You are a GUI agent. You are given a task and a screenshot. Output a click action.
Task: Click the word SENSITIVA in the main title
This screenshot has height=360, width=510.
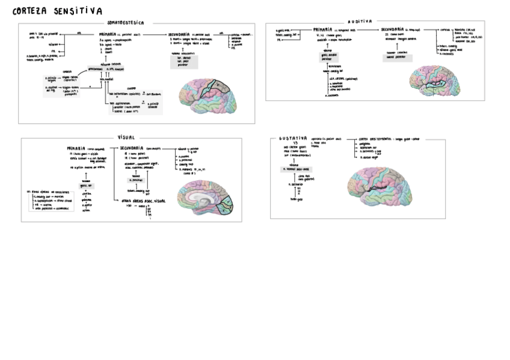tap(79, 11)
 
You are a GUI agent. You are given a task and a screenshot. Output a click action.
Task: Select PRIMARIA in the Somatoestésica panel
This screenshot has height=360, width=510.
tap(112, 34)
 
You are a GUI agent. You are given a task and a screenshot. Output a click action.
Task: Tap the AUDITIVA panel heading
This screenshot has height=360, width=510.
tap(360, 21)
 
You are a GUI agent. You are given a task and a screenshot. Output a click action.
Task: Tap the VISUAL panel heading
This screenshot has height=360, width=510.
tap(127, 137)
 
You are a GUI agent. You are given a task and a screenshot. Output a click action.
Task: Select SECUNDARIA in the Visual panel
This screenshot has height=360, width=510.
tap(131, 147)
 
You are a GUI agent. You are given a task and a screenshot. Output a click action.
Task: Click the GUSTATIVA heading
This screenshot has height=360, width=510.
tap(293, 138)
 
